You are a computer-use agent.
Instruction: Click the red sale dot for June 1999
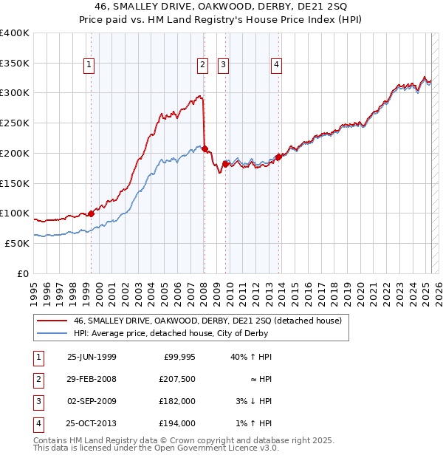click(x=92, y=213)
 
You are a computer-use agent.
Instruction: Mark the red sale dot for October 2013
click(x=279, y=157)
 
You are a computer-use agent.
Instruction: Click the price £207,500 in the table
click(x=178, y=379)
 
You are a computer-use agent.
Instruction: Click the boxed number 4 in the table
click(x=38, y=423)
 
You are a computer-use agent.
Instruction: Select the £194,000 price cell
click(x=178, y=423)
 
